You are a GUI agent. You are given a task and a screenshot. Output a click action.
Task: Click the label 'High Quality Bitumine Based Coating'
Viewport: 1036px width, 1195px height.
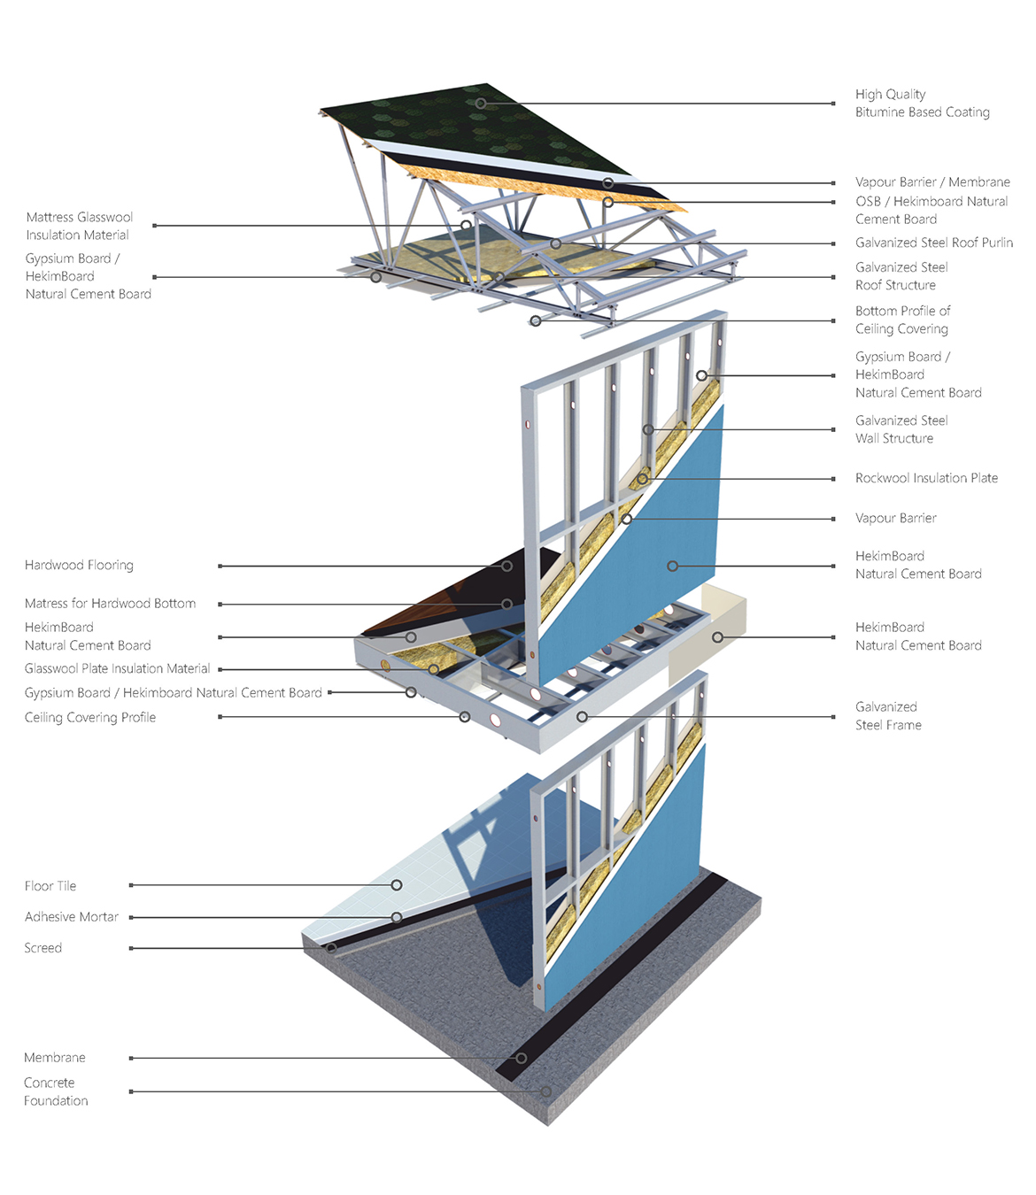(922, 103)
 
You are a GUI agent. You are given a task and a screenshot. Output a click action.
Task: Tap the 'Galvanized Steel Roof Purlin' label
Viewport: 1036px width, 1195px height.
(933, 243)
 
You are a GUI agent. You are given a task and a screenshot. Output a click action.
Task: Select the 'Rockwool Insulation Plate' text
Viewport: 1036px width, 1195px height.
(926, 478)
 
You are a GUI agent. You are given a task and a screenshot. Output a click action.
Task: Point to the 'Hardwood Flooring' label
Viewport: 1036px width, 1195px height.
(79, 565)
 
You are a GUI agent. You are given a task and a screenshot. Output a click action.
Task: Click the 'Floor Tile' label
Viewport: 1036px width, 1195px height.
(50, 886)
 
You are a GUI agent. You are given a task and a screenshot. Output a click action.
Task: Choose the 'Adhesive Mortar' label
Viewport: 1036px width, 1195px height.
(71, 916)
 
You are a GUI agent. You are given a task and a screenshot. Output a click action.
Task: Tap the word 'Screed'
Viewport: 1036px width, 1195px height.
(43, 947)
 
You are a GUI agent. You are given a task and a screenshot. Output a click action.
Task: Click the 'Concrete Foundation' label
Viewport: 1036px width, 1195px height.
(56, 1091)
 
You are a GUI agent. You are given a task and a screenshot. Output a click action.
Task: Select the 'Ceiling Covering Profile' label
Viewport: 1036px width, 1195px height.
(90, 718)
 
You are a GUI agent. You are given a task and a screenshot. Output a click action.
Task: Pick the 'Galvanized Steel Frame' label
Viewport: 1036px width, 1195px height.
(888, 716)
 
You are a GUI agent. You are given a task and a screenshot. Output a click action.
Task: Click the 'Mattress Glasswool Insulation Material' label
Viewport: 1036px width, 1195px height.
(79, 226)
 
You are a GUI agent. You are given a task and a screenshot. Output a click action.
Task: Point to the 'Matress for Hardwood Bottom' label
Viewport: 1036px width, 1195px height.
(110, 604)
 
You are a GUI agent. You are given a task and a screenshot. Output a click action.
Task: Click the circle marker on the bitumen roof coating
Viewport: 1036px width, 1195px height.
(481, 104)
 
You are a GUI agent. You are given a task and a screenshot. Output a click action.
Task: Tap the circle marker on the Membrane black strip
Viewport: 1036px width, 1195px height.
(522, 1058)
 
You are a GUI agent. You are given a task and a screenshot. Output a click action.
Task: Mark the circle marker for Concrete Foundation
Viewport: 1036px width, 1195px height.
(545, 1091)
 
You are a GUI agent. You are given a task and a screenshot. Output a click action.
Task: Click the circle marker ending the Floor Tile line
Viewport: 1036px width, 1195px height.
(396, 885)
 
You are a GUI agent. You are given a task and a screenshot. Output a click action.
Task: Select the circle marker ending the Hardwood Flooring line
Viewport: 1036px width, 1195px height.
(506, 566)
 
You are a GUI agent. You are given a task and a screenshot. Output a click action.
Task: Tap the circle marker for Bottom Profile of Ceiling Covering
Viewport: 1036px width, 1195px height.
(536, 320)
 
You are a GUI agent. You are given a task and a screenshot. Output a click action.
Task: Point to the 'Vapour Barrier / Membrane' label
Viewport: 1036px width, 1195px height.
(932, 182)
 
